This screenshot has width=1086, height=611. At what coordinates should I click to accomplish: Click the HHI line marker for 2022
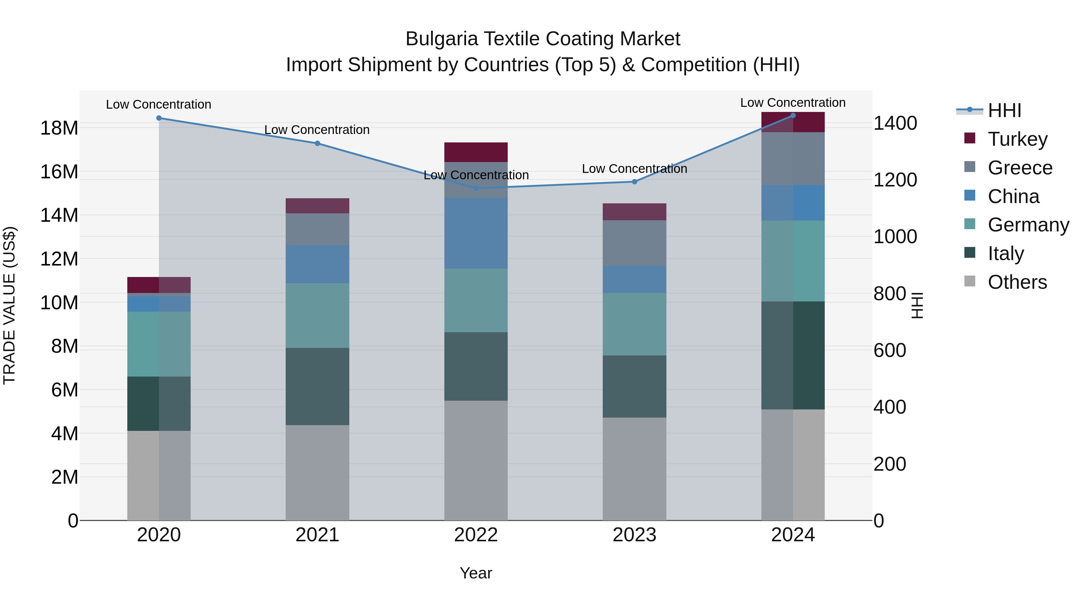476,188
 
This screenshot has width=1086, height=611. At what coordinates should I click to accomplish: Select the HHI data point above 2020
159,118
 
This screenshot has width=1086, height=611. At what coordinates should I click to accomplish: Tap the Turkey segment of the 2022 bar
476,152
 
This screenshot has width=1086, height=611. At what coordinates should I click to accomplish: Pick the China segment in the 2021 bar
317,264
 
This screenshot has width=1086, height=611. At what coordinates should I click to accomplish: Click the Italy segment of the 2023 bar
634,387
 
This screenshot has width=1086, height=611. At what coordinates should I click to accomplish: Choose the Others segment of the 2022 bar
476,460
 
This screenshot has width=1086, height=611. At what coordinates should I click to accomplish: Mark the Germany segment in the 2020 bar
159,344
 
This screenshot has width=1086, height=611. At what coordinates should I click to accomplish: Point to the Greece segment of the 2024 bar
793,158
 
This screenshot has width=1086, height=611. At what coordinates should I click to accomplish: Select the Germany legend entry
1028,225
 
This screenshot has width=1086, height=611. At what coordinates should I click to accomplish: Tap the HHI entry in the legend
1004,110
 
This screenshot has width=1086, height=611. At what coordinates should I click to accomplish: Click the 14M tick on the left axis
59,215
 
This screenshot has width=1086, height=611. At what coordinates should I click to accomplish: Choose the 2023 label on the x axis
634,535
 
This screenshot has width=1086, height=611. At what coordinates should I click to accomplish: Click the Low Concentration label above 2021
317,130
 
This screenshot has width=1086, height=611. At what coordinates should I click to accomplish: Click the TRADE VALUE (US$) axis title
9,305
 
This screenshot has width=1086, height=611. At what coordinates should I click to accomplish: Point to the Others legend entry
1017,282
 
